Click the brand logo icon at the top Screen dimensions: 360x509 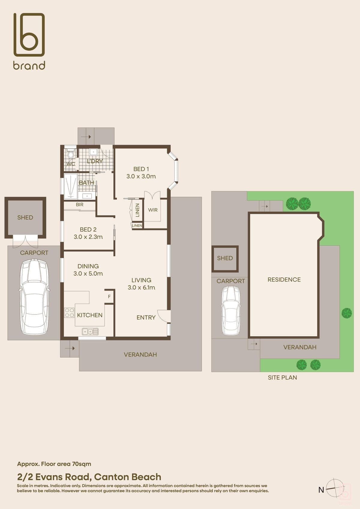pos(29,34)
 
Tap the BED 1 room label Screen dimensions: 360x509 pos(141,169)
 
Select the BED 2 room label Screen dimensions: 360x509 pos(88,229)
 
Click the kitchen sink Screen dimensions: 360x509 pos(90,332)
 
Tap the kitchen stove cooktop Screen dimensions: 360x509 pos(69,313)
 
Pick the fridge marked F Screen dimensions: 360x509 pos(109,297)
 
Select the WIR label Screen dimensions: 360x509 pos(153,210)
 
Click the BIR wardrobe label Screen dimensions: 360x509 pos(79,205)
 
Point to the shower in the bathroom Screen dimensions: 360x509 pos(71,186)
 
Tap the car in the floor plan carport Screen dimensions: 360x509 pos(34,298)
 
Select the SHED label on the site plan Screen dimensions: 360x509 pos(225,258)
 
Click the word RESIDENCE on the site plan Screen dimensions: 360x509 pos(284,280)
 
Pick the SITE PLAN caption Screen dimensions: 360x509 pos(282,377)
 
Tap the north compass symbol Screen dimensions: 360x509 pos(334,490)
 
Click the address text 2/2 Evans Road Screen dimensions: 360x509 pos(55,477)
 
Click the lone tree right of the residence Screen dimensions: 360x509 pos(346,313)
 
